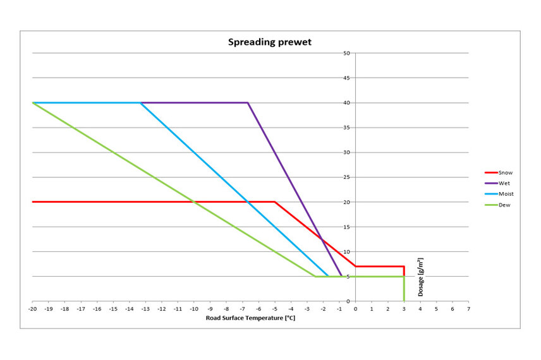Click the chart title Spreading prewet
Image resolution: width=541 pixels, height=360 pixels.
pos(270,43)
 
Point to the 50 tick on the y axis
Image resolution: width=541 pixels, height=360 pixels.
pos(347,53)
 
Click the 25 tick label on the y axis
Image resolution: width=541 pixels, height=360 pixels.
pos(347,177)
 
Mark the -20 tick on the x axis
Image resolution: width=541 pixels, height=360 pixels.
pos(32,309)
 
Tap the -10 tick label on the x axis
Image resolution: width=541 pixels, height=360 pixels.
pos(194,309)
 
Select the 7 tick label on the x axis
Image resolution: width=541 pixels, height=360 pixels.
pos(468,309)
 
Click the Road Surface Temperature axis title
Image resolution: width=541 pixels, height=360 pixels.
pos(250,318)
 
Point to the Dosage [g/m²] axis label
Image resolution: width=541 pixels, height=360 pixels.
pos(420,277)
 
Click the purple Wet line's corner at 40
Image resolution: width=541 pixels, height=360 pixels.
pos(248,103)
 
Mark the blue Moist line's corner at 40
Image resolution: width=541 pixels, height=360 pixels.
pos(140,103)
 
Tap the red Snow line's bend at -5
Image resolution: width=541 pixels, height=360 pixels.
pos(274,202)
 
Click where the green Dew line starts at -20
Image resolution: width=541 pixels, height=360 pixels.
pos(32,103)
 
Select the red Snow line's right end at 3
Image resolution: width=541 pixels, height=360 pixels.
pos(403,267)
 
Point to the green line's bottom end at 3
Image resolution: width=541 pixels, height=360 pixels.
pos(403,301)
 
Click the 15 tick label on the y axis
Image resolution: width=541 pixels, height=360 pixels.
pos(347,227)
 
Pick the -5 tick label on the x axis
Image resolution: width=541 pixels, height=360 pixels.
pos(274,309)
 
